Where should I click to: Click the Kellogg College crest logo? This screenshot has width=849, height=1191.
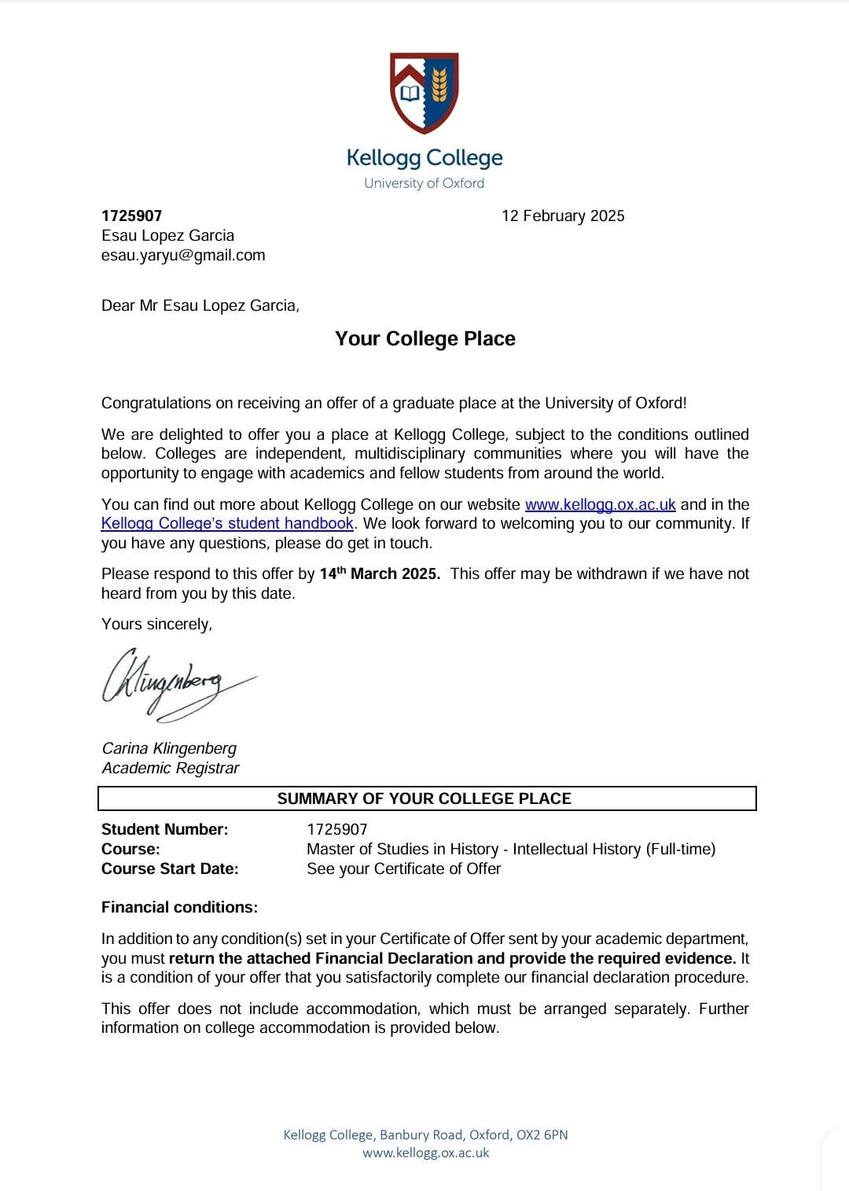coord(424,93)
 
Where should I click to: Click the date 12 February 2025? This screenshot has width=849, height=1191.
coord(563,216)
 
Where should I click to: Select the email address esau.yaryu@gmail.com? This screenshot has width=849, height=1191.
coord(183,255)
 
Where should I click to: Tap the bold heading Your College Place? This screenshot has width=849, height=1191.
coord(425,338)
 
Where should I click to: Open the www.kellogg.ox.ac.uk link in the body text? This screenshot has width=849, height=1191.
coord(600,504)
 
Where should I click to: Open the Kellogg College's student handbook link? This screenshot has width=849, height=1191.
coord(227,523)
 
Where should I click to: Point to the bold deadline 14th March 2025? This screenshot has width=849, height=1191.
coord(379,573)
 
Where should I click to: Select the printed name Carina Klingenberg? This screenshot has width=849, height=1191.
coord(169,748)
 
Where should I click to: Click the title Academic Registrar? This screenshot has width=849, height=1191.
coord(170,768)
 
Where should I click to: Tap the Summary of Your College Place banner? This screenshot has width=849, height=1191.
coord(424,798)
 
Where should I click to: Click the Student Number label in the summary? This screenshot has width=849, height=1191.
coord(164,829)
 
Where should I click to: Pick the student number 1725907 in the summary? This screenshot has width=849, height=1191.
coord(336,829)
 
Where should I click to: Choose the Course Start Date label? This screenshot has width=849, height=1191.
coord(170,868)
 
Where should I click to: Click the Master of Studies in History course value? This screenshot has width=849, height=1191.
coord(511,849)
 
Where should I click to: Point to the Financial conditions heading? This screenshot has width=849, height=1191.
coord(179,907)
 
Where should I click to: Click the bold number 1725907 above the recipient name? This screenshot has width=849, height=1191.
coord(131,216)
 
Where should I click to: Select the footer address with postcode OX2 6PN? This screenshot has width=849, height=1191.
coord(425,1134)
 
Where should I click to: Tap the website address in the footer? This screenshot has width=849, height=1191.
coord(425,1152)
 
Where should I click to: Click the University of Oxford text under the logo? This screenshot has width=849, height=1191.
coord(424,183)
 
